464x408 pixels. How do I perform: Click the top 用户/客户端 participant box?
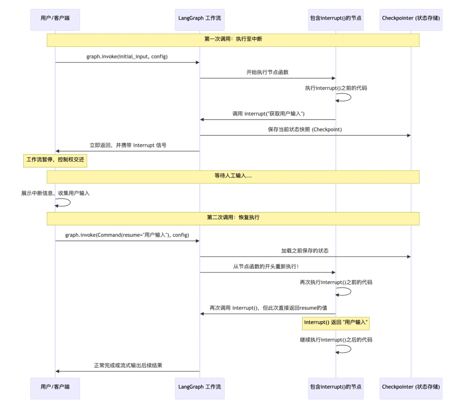tap(55, 20)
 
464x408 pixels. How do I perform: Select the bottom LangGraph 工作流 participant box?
tap(199, 388)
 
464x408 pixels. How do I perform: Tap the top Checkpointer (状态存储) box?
tap(411, 20)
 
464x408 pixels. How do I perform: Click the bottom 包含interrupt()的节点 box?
tap(336, 388)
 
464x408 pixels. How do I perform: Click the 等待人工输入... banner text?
tap(233, 177)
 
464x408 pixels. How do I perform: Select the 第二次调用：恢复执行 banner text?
tap(233, 218)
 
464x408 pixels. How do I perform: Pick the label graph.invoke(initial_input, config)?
tap(127, 57)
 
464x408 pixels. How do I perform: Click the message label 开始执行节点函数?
tap(267, 73)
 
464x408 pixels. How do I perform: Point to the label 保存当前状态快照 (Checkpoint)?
tap(305, 130)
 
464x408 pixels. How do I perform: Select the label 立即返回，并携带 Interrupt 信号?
tap(128, 146)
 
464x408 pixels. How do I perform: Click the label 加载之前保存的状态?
tap(305, 251)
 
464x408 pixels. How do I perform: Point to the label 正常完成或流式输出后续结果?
tap(128, 366)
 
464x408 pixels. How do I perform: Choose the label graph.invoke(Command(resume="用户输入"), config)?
tap(127, 235)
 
